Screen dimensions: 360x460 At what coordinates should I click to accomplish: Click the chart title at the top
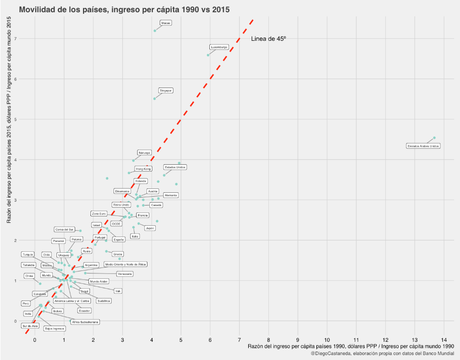click(x=124, y=9)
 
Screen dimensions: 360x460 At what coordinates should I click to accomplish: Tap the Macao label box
click(x=166, y=23)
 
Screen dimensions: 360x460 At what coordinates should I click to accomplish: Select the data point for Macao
click(x=155, y=30)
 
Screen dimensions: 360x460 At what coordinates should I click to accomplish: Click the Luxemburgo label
click(x=219, y=47)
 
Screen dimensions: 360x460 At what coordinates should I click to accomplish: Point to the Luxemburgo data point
click(x=208, y=55)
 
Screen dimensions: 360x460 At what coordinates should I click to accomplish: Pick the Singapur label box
click(x=166, y=90)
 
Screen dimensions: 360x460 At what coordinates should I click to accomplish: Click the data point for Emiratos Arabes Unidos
click(x=434, y=138)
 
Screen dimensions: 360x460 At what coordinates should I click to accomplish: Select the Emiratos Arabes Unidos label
click(x=423, y=146)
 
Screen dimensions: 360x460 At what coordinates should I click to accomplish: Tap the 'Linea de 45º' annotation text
click(x=268, y=39)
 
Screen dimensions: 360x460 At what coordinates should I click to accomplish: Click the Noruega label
click(x=144, y=153)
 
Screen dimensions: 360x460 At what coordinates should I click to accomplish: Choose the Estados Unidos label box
click(x=175, y=167)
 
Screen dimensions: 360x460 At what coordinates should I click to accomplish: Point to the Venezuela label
click(x=124, y=273)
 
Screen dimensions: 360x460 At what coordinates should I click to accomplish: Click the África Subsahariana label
click(x=85, y=322)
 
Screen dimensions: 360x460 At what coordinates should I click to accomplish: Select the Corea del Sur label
click(x=64, y=229)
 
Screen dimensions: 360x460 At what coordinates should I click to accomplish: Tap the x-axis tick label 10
click(x=327, y=339)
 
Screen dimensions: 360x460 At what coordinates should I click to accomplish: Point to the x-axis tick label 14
click(x=444, y=339)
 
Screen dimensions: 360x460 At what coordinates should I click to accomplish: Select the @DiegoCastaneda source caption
click(x=382, y=354)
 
